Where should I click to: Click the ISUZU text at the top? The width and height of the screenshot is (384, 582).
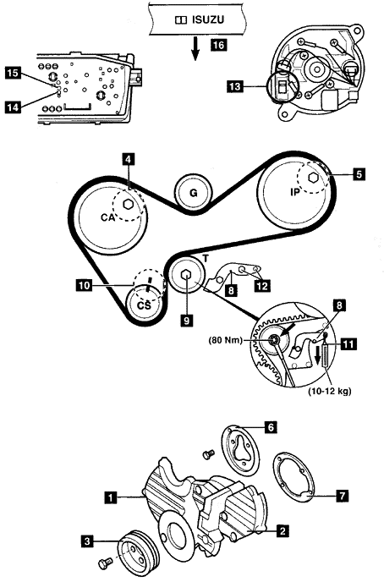tap(208, 19)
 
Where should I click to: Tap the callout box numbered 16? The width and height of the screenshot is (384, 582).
tap(218, 45)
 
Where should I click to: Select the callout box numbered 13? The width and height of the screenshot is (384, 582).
tap(235, 87)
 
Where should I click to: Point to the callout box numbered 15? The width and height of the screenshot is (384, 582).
tap(13, 73)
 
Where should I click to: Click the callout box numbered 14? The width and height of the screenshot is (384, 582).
tap(13, 107)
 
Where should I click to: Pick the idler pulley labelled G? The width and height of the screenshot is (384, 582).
tap(194, 194)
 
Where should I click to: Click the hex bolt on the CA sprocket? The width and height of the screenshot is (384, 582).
tap(128, 205)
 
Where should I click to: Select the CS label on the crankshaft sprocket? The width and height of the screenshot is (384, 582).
tap(145, 305)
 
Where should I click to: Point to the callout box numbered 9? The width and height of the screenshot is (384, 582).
tap(188, 320)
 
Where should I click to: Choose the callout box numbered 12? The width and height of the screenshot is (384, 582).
tap(262, 285)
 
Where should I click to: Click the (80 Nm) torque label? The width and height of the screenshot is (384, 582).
tap(225, 339)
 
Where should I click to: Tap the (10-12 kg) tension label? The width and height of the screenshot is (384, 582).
tap(330, 391)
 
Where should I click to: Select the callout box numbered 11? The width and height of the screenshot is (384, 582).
tap(348, 344)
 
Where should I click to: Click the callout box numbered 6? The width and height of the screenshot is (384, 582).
tap(271, 427)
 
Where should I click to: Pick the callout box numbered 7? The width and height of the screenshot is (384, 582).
tap(343, 495)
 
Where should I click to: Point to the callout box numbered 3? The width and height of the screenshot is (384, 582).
tap(87, 541)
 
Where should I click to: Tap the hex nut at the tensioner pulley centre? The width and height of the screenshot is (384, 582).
tap(186, 275)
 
